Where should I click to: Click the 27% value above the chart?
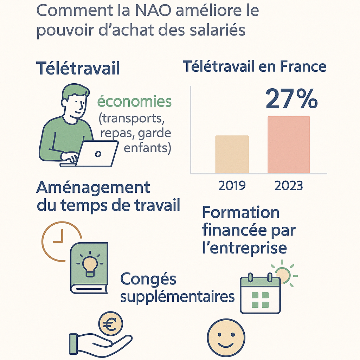(x=291, y=99)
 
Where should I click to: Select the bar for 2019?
(x=232, y=154)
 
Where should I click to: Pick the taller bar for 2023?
(x=289, y=144)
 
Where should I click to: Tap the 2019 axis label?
(x=232, y=185)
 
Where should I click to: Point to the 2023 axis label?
(x=289, y=185)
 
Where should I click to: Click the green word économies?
(x=134, y=102)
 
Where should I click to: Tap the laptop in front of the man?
(x=97, y=154)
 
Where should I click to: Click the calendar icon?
(x=260, y=294)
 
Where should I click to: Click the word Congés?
(x=148, y=279)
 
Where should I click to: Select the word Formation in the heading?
(x=241, y=213)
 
